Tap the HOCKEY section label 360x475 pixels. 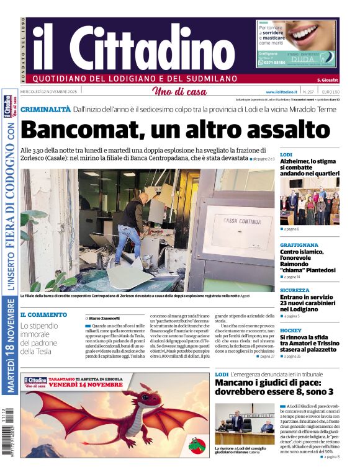(x=290, y=331)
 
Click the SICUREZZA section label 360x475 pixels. (x=294, y=290)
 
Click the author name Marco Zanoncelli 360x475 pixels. (x=104, y=318)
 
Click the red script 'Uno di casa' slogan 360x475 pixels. (x=179, y=92)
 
